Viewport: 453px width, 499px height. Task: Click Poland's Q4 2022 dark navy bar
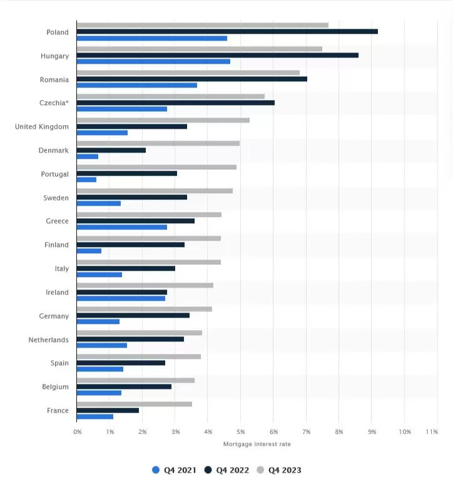[227, 31]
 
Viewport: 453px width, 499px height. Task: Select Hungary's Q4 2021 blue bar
[153, 61]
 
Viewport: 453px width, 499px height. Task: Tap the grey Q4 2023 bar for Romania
[188, 73]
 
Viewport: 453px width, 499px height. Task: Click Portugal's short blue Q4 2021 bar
[86, 179]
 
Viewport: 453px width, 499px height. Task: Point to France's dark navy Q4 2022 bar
[108, 410]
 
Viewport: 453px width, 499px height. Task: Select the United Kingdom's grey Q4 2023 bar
[163, 120]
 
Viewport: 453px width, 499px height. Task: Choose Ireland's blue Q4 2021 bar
[121, 298]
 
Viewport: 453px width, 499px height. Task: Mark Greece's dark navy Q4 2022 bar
[135, 221]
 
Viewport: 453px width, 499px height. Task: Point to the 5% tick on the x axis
[241, 432]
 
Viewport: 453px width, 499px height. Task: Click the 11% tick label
[432, 432]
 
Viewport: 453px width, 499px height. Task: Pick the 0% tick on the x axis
[78, 432]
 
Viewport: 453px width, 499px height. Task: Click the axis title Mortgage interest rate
[257, 444]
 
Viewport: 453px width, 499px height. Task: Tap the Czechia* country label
[54, 103]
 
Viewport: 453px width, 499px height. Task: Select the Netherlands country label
[48, 340]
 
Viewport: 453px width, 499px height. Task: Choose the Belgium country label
[55, 387]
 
